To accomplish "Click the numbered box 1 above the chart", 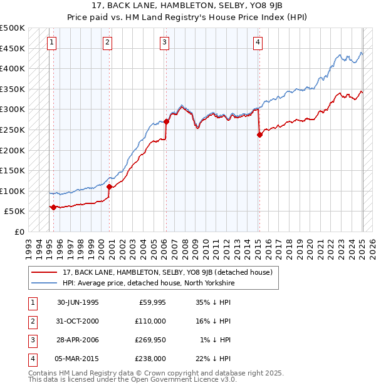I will (x=51, y=43).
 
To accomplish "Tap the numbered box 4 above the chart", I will (x=258, y=43).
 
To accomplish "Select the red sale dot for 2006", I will (x=166, y=122).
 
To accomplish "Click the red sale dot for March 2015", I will (x=259, y=135).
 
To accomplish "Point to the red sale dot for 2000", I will (x=109, y=186).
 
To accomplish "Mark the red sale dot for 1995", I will (x=53, y=207).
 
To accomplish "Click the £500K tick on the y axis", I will (x=13, y=28).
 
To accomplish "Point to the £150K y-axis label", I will (x=13, y=170).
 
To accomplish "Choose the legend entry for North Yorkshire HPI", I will (x=148, y=283).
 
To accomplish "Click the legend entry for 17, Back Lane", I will (x=167, y=272).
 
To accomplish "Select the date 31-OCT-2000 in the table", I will (x=78, y=320).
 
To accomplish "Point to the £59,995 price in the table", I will (x=151, y=302).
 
